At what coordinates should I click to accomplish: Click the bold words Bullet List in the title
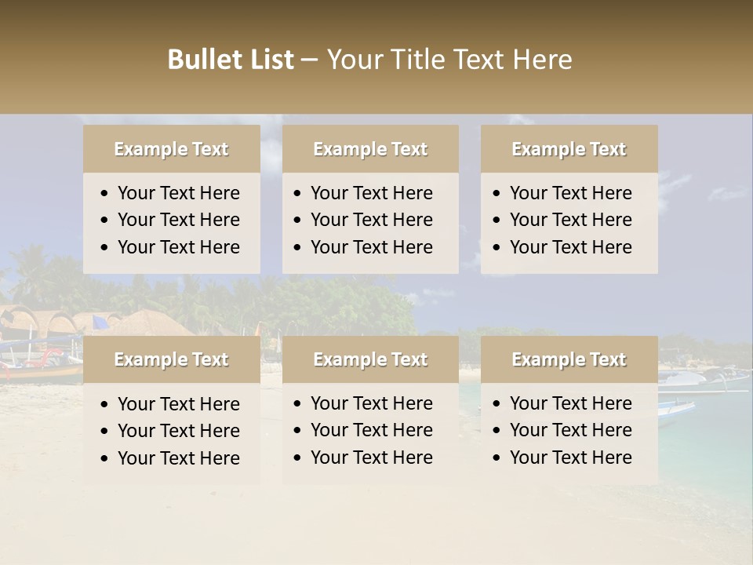231,60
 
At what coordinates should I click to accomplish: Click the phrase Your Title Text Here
449,60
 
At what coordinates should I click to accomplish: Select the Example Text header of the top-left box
171,149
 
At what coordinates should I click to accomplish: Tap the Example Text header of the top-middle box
370,149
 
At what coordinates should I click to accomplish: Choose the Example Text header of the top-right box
569,149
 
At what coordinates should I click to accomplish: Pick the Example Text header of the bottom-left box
171,359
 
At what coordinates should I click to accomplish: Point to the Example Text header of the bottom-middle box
370,359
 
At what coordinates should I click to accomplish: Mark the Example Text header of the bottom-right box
569,359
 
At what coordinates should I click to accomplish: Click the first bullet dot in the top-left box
105,194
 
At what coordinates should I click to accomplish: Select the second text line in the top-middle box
371,220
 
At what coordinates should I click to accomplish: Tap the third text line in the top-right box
570,246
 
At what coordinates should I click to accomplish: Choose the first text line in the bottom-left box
178,404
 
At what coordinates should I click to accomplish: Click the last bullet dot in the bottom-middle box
297,457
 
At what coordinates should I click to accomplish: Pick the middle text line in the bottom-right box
570,430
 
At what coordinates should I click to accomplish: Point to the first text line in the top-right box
570,193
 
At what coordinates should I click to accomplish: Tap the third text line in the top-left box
178,246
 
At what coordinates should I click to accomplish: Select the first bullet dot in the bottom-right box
497,404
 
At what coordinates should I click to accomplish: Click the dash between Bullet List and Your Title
309,60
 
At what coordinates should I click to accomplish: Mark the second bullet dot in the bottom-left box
105,432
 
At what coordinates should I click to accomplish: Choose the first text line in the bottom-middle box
371,403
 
